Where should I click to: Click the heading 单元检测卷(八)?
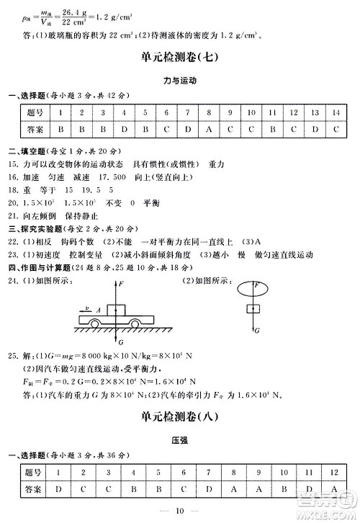click(180, 416)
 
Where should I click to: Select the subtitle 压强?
click(180, 438)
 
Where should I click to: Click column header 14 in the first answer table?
click(337, 112)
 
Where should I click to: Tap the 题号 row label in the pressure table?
click(34, 471)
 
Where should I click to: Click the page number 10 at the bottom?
click(180, 511)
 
